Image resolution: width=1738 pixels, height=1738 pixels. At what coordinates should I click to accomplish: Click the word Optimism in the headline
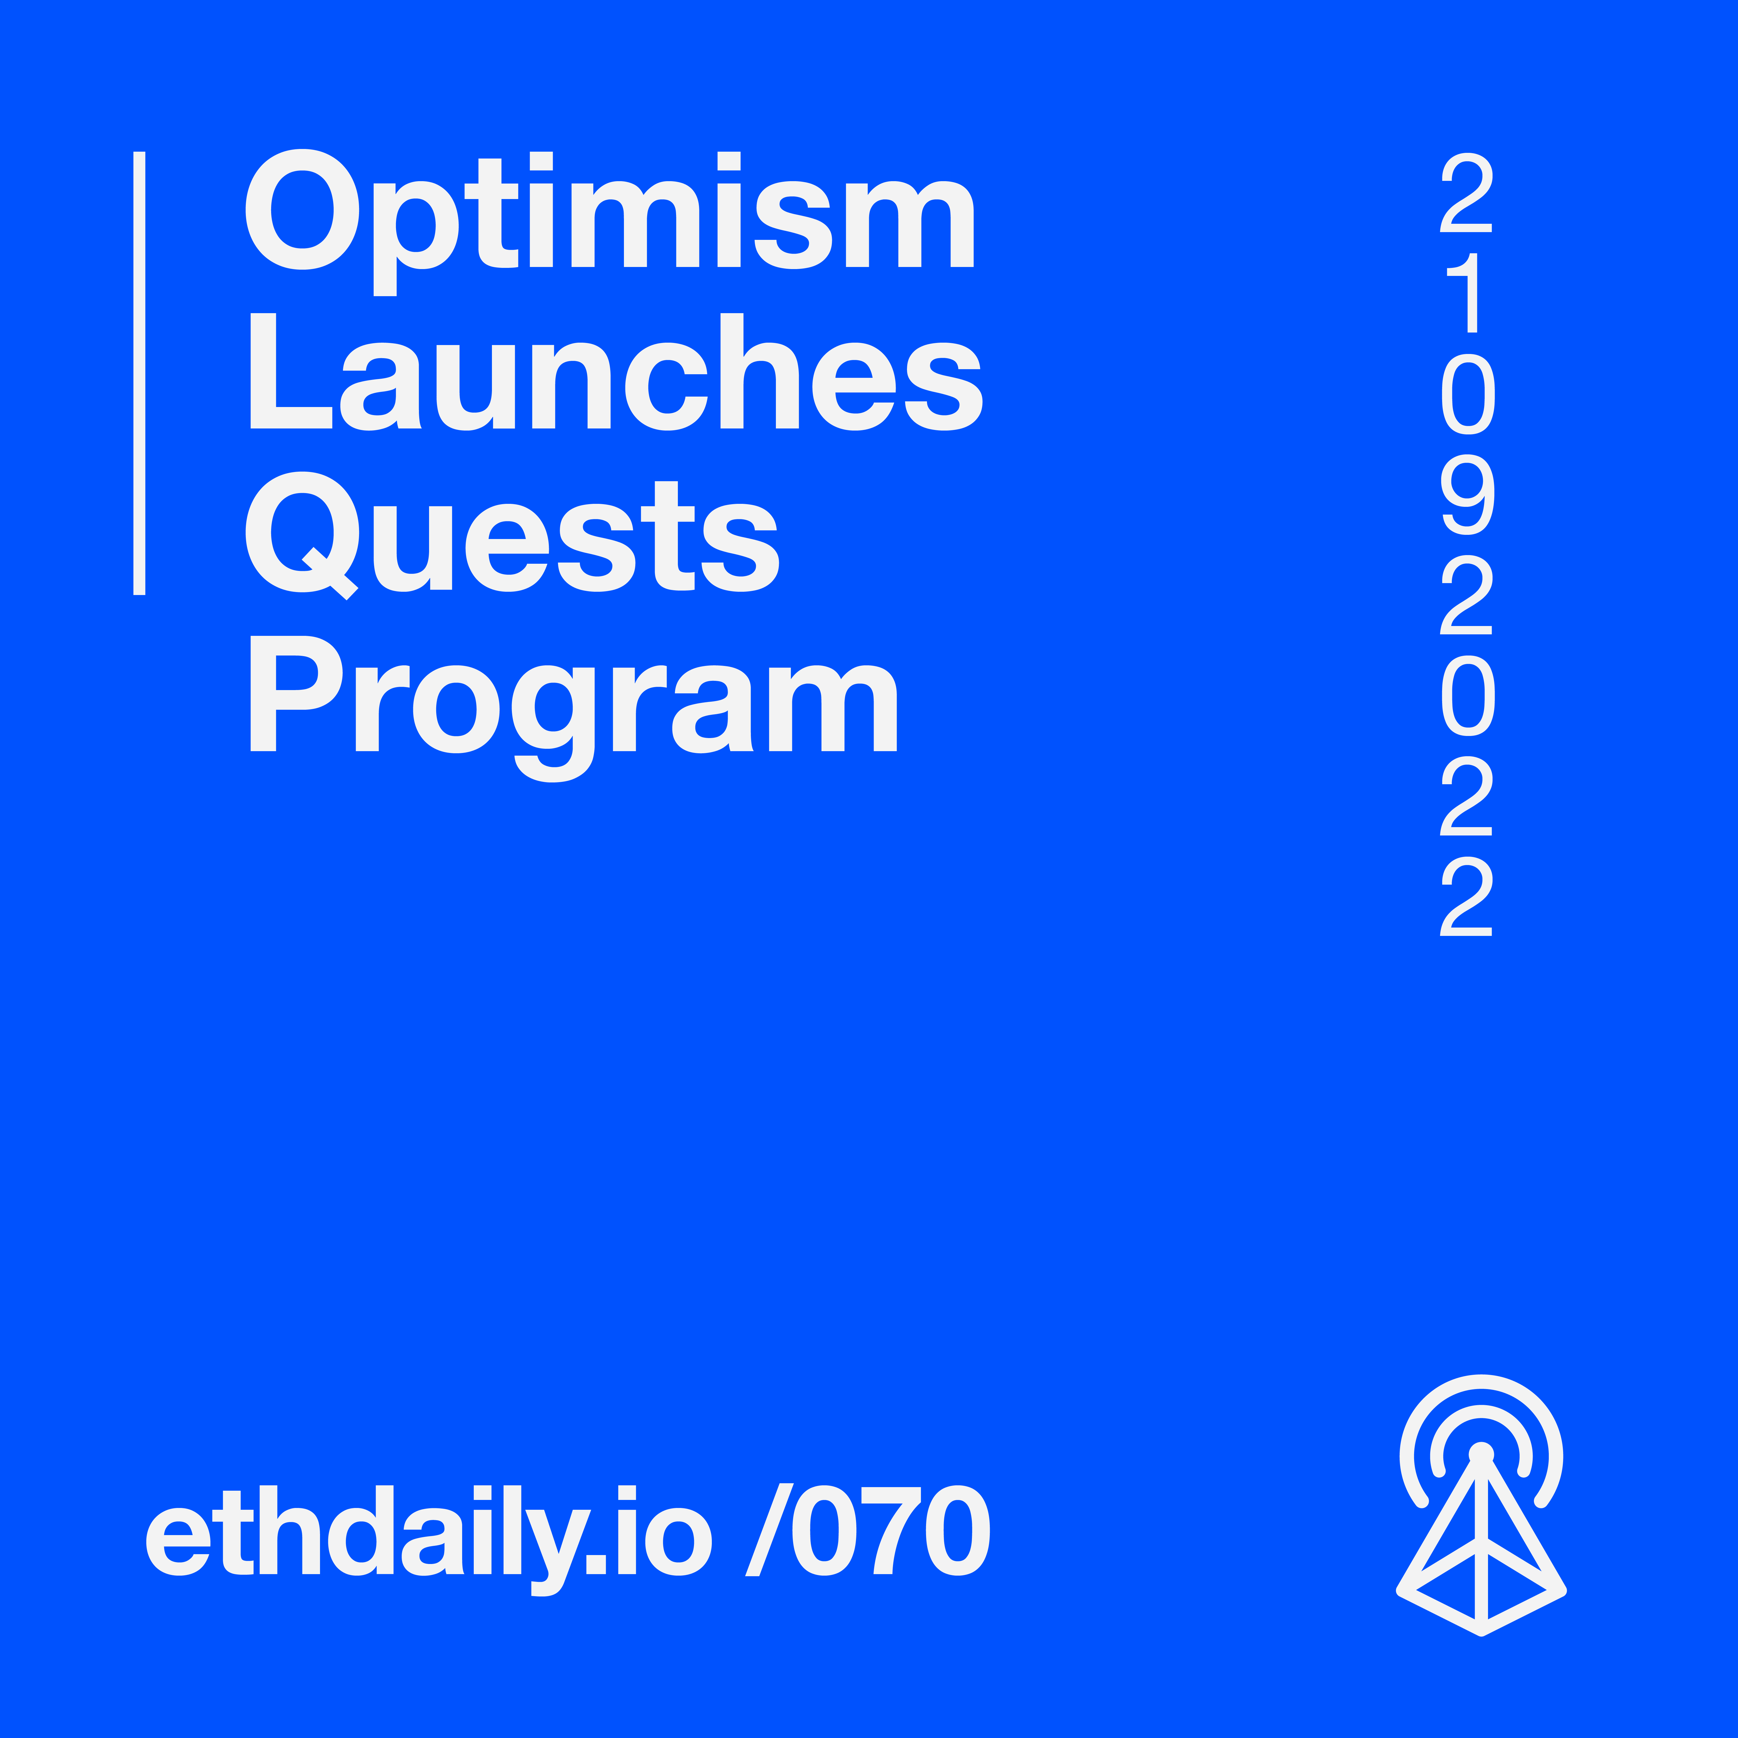pyautogui.click(x=610, y=221)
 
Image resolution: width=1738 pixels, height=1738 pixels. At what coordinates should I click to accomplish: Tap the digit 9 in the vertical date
pyautogui.click(x=1467, y=494)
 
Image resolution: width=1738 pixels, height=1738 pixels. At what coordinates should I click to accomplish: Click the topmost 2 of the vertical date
pyautogui.click(x=1466, y=192)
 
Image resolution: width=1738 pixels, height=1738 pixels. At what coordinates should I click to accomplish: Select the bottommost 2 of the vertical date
pyautogui.click(x=1466, y=896)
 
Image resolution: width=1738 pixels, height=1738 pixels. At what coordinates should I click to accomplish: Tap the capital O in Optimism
pyautogui.click(x=302, y=209)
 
